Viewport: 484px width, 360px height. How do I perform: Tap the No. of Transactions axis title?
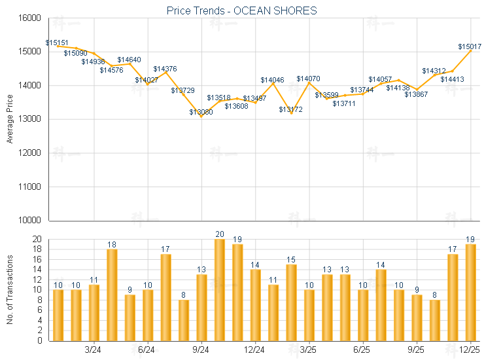tap(10, 290)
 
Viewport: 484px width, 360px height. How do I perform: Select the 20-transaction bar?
tap(219, 290)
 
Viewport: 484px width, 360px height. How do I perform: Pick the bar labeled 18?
tap(112, 295)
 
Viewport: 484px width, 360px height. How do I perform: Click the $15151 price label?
tap(57, 43)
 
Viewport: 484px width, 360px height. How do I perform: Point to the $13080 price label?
tap(201, 112)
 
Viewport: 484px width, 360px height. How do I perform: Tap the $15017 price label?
tap(470, 46)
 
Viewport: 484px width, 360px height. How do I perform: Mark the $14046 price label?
tap(272, 80)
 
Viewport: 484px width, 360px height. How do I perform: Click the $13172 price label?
tap(290, 109)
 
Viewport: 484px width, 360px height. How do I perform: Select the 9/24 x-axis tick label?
tap(201, 351)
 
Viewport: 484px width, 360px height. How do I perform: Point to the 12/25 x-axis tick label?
tap(470, 351)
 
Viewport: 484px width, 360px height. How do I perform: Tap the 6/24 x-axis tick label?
tap(147, 351)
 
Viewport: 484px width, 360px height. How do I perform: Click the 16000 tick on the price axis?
tap(31, 18)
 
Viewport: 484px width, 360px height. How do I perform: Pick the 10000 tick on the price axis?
tap(31, 221)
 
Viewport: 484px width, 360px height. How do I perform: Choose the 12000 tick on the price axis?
tap(31, 153)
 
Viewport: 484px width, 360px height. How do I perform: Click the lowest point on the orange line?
tap(201, 117)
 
